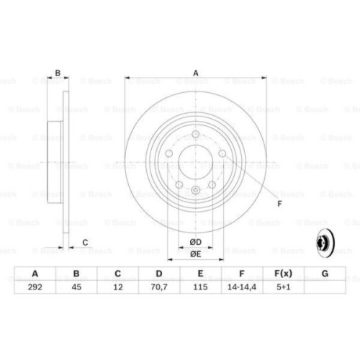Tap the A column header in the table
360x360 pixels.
point(35,274)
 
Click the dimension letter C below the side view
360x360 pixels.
point(85,241)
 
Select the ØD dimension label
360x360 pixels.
point(195,241)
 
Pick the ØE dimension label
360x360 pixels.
point(195,253)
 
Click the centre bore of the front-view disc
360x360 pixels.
point(195,163)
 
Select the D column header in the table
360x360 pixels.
point(158,274)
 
